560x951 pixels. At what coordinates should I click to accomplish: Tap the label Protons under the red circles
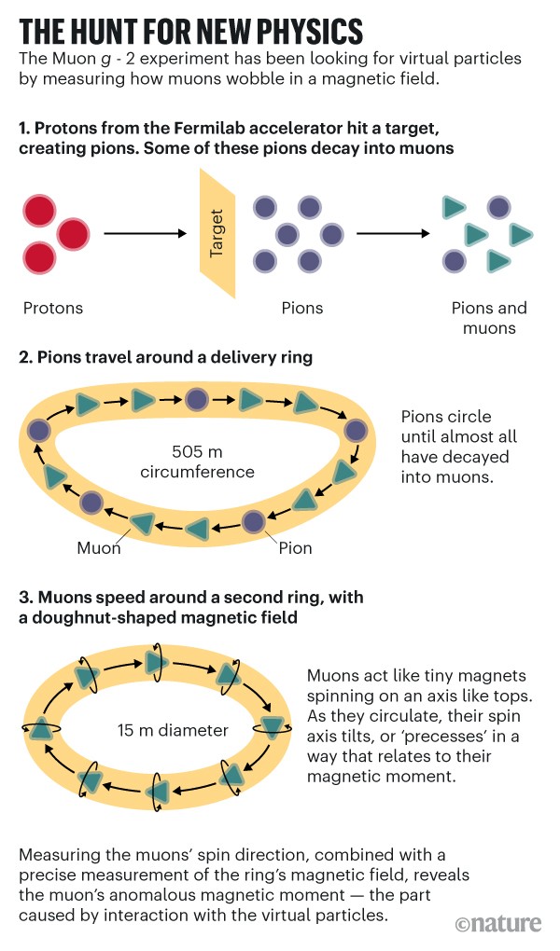[x=53, y=308]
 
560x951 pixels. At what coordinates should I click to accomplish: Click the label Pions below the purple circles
[x=301, y=308]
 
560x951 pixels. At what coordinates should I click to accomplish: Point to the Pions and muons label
[x=488, y=318]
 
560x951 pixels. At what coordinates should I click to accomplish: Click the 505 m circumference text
[x=197, y=462]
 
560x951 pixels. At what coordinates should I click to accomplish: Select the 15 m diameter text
[x=173, y=730]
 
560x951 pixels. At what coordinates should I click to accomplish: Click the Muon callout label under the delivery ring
[x=99, y=547]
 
